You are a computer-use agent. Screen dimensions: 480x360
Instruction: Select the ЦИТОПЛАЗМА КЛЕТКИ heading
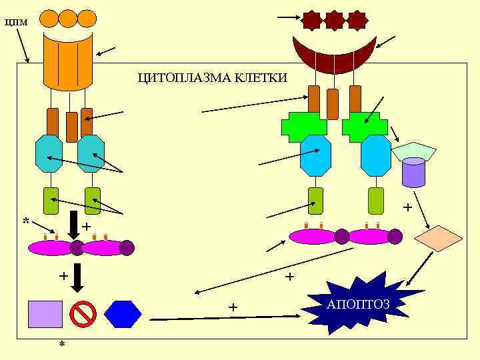tap(213, 78)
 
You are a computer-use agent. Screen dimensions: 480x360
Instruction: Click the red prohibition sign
tap(83, 314)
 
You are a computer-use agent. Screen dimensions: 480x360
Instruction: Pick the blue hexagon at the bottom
tap(123, 314)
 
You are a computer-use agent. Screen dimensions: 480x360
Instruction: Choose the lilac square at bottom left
tap(45, 314)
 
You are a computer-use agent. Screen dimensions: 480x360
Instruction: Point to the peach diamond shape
tap(438, 238)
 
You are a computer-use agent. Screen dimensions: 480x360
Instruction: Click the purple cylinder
tap(413, 173)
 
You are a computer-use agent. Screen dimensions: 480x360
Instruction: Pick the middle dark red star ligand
tap(334, 21)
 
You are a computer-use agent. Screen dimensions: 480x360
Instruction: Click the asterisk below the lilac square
tap(62, 345)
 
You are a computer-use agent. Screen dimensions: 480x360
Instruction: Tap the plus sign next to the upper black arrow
tap(86, 227)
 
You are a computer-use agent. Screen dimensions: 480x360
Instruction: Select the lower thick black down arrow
tap(77, 277)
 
